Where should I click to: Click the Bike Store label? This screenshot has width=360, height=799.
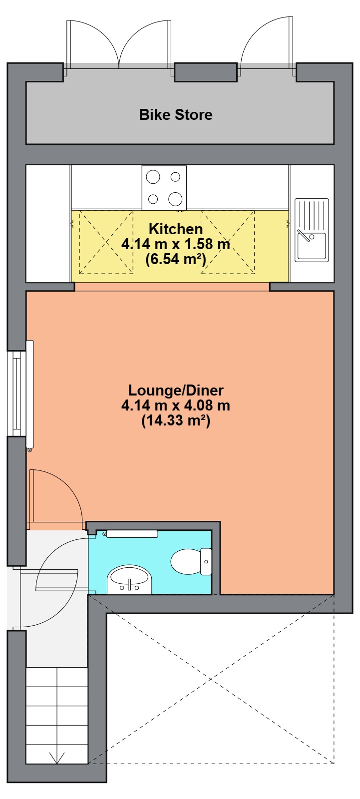[x=176, y=114]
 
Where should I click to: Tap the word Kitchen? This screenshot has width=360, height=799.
[x=176, y=229]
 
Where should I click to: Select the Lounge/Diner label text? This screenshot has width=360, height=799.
[x=176, y=390]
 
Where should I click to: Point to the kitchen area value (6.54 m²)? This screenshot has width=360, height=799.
[x=176, y=259]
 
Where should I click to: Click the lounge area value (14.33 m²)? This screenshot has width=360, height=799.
[x=176, y=420]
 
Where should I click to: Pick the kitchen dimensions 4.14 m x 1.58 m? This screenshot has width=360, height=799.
[x=176, y=244]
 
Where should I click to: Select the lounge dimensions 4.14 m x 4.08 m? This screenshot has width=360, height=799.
[x=176, y=405]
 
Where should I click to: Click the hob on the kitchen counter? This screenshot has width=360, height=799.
[x=164, y=188]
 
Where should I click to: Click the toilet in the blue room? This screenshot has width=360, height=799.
[x=191, y=561]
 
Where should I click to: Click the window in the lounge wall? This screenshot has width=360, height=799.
[x=16, y=394]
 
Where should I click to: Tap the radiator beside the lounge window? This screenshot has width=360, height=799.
[x=30, y=394]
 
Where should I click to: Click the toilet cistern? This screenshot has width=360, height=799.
[x=206, y=561]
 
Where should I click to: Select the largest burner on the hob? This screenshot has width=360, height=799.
[x=175, y=199]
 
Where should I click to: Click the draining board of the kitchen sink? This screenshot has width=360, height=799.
[x=312, y=215]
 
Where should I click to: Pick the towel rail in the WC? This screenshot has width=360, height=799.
[x=132, y=534]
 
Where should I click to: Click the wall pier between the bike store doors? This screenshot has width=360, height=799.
[x=206, y=72]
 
